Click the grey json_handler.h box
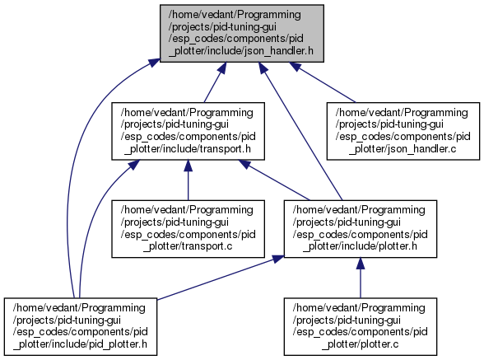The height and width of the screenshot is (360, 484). tap(242, 34)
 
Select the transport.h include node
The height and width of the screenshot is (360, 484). tap(188, 131)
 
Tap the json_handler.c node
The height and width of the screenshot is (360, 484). tap(403, 131)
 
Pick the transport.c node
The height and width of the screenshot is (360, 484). tap(188, 229)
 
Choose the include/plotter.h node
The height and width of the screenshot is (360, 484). tap(361, 229)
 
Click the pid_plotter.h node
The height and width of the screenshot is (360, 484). tap(81, 326)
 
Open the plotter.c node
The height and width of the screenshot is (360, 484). tap(361, 326)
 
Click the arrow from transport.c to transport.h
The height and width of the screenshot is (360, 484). tap(188, 180)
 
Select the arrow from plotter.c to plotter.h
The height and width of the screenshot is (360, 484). tap(361, 278)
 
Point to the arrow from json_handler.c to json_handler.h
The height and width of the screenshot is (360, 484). tap(323, 82)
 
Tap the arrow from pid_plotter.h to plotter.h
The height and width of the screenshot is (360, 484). tap(221, 278)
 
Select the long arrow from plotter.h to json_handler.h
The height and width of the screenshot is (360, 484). tap(300, 131)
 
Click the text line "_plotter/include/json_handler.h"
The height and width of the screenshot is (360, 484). tap(241, 51)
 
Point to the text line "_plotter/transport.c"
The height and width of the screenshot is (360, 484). tap(188, 246)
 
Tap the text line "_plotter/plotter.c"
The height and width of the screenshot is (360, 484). tap(361, 344)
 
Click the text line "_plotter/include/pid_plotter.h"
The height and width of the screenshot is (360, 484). tap(81, 344)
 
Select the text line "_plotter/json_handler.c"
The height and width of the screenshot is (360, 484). tap(403, 148)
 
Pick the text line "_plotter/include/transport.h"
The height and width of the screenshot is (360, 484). tap(188, 148)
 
